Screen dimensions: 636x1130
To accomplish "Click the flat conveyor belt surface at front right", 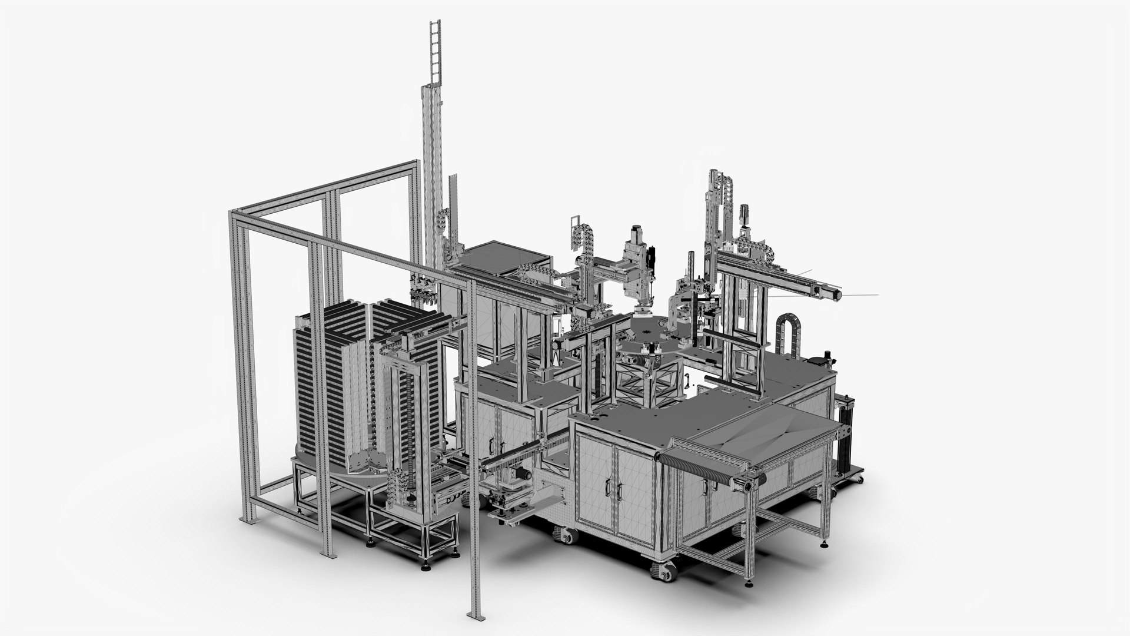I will pyautogui.click(x=765, y=436).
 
